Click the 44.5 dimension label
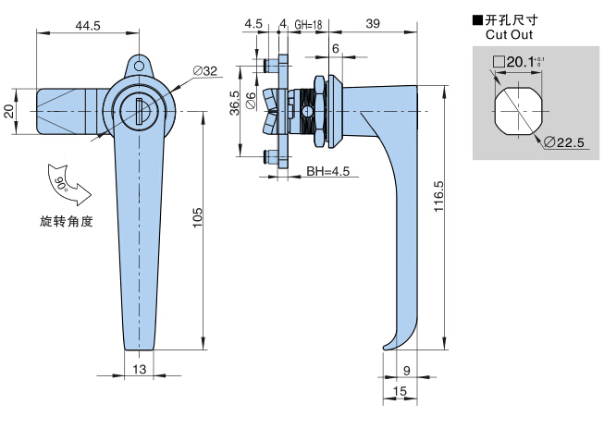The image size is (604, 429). coord(88,25)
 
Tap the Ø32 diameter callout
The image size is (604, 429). coord(205,71)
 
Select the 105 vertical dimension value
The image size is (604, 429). coord(197,218)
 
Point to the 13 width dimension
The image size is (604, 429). coord(140,369)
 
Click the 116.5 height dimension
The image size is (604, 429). coord(438,196)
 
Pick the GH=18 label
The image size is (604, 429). coord(308,25)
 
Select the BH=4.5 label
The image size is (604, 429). coord(328,171)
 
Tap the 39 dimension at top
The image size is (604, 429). coord(373,24)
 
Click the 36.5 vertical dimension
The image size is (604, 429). coord(235,103)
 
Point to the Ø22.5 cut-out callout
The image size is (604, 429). coord(564,143)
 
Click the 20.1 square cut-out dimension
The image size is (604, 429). coord(518,62)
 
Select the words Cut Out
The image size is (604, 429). coord(509,34)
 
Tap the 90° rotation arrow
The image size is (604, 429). coord(68,185)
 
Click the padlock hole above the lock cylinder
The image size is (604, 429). coord(139,67)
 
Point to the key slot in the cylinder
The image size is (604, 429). coord(139,111)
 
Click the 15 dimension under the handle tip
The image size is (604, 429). coord(400,391)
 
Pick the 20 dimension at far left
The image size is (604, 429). coord(9,111)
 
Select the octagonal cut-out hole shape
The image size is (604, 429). coord(518,112)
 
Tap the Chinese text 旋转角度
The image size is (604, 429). coord(67,221)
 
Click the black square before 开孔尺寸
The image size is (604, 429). coord(477,19)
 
